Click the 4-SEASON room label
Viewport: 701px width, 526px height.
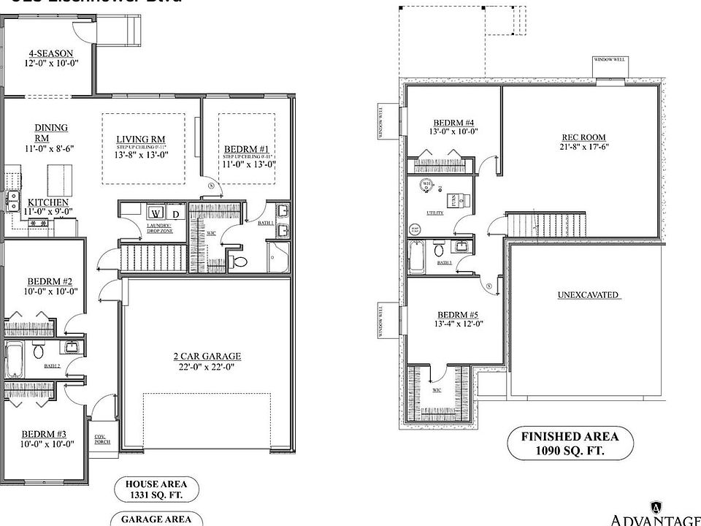(x=50, y=53)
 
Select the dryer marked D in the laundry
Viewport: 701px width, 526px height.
(x=176, y=213)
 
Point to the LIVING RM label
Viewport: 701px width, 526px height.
(x=141, y=140)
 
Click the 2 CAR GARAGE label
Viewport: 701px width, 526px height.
(x=207, y=357)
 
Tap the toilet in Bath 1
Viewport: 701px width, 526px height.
(x=240, y=260)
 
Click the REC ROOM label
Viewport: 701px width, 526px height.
(x=583, y=137)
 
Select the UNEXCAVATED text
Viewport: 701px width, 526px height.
(x=588, y=295)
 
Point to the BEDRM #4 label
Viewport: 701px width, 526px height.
(x=453, y=122)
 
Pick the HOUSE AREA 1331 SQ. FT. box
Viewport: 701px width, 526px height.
(x=156, y=489)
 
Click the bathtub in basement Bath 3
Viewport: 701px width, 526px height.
(x=416, y=256)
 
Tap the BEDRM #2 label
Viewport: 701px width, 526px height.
(x=50, y=281)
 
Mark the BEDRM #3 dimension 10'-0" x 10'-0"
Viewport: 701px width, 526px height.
(x=47, y=443)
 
